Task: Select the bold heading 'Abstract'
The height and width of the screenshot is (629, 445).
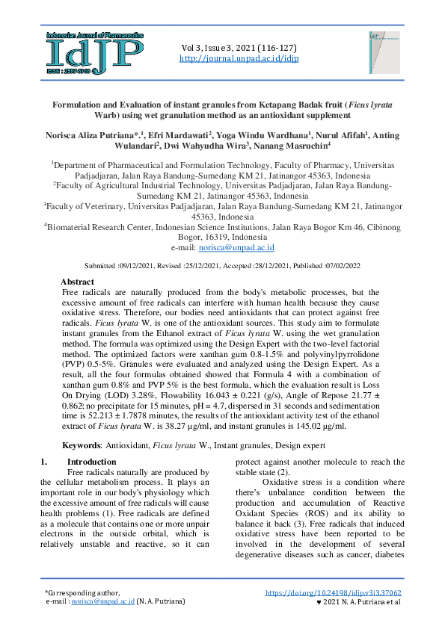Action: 77,282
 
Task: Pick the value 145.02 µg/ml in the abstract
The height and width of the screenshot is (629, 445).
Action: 322,427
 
